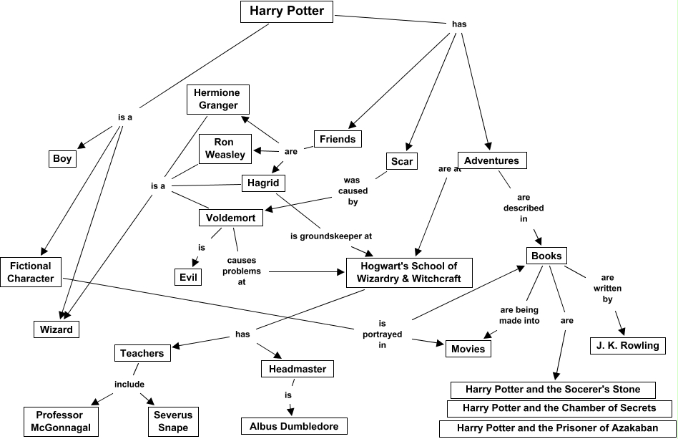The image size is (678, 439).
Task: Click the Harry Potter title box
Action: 286,11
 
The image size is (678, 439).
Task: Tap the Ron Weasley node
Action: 225,148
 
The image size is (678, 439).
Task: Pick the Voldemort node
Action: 231,218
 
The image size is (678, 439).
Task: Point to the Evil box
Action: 189,276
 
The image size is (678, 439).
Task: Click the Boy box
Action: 62,158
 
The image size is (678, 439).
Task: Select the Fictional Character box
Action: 31,272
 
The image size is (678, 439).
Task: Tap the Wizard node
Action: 56,329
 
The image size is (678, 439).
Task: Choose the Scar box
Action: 402,161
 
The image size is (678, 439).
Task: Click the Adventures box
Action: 491,160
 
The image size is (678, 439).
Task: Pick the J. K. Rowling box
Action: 628,345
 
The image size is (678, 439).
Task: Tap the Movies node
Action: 468,349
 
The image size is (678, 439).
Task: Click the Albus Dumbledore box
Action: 294,426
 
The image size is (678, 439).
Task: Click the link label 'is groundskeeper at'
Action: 331,235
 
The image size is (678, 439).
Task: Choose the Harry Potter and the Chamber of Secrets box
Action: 559,408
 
